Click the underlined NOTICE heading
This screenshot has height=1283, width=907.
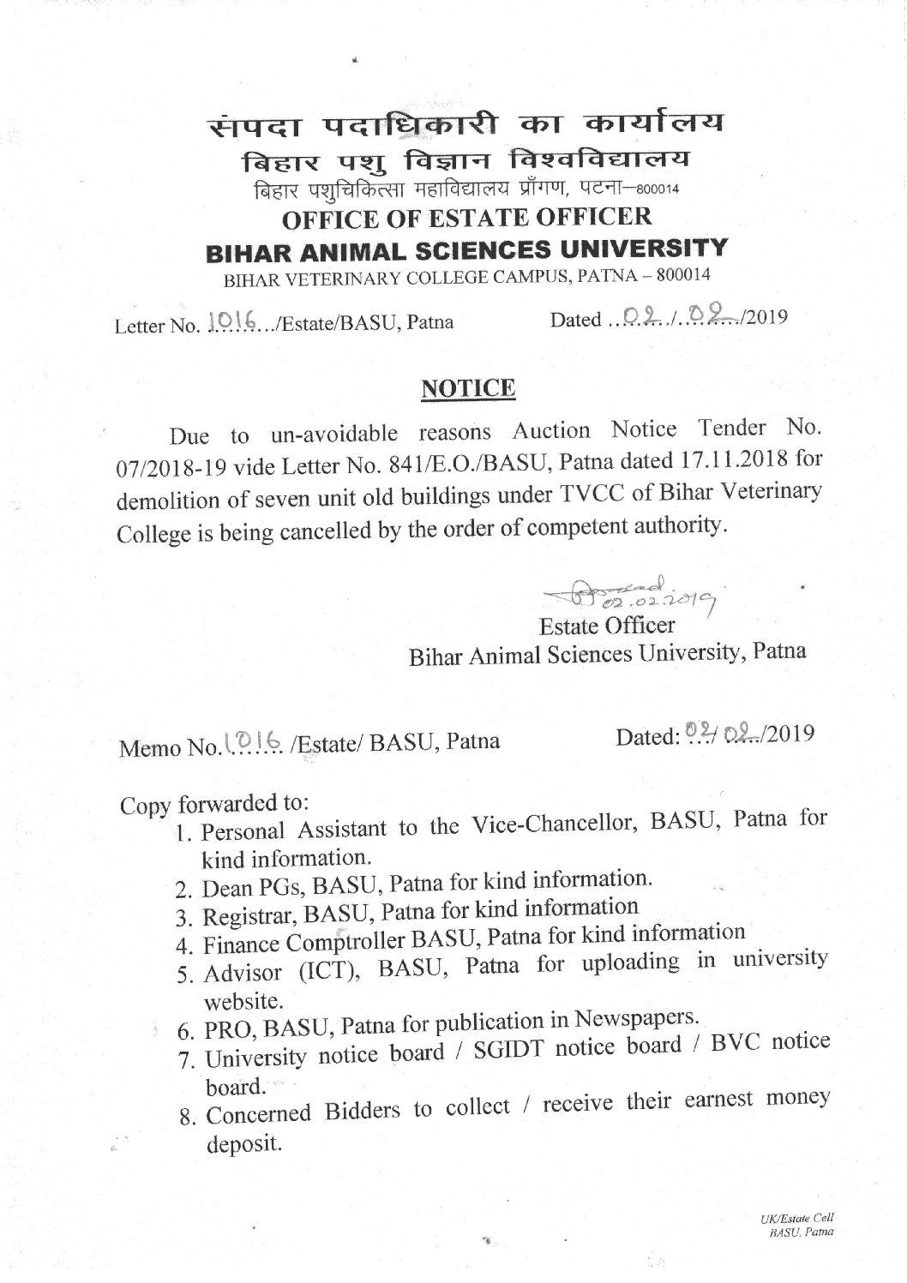coord(467,388)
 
